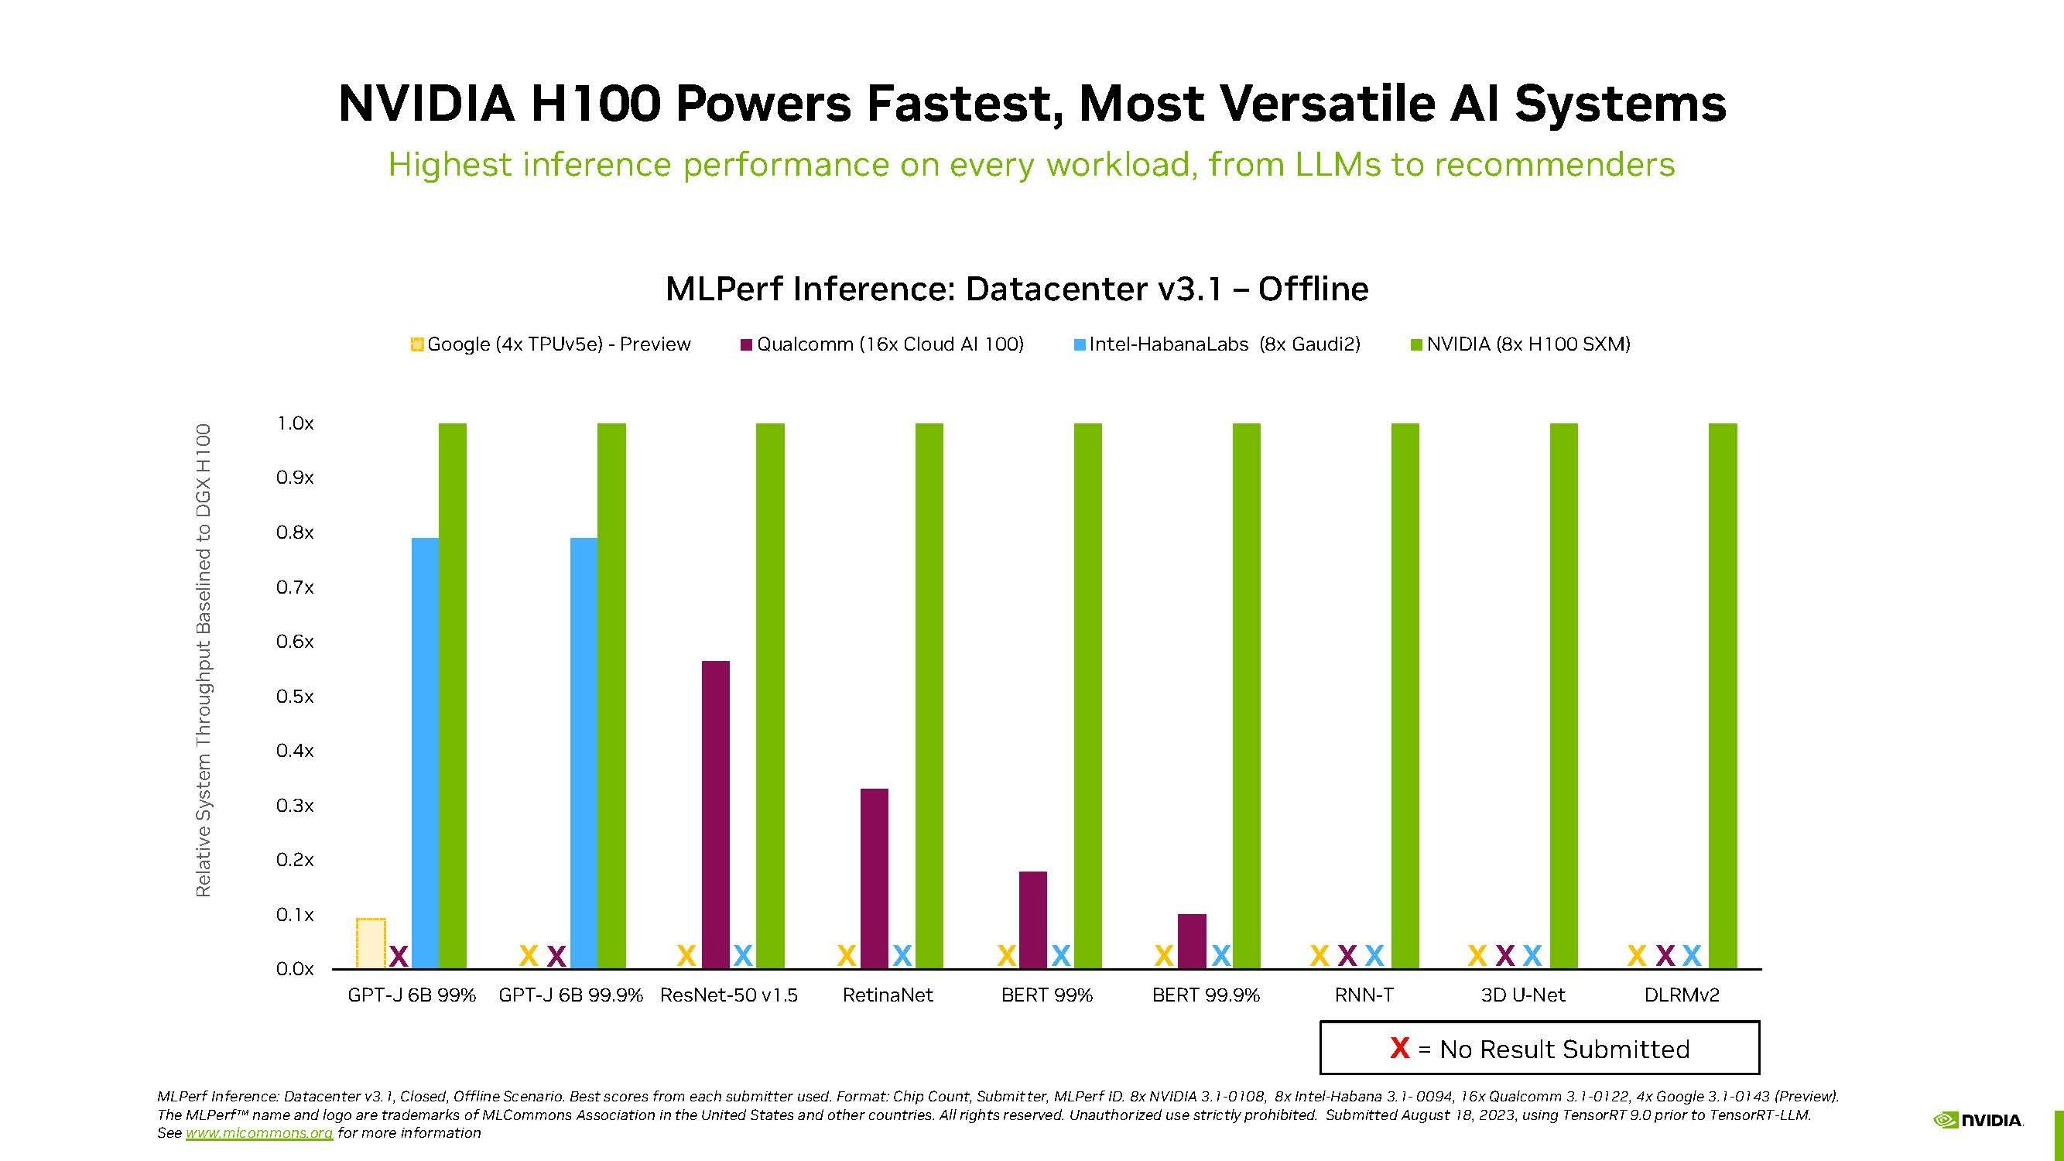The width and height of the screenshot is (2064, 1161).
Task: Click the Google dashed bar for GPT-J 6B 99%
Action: [371, 943]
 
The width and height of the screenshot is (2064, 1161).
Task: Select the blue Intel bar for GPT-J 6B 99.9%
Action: [584, 753]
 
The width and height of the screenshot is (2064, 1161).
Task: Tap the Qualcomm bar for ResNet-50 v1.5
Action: [716, 814]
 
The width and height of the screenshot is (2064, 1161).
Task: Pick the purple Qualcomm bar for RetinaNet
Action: [875, 878]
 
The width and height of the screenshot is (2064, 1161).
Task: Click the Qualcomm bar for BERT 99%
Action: [1033, 920]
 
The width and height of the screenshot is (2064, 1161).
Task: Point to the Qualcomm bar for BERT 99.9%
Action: [1192, 940]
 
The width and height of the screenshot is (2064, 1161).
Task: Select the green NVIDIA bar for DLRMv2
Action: [1723, 696]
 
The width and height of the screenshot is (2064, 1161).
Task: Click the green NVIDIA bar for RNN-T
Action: [1405, 696]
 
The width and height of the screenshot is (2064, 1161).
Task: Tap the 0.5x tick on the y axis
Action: [295, 697]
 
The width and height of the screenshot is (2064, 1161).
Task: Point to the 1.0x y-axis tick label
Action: [295, 423]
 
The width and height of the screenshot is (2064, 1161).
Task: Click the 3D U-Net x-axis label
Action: [1522, 995]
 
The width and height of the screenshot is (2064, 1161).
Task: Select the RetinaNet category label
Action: [888, 995]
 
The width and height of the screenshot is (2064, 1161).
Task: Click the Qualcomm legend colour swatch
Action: [747, 345]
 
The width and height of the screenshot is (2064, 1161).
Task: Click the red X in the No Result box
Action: [1399, 1048]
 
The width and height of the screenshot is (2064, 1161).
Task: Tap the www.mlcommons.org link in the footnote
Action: [258, 1133]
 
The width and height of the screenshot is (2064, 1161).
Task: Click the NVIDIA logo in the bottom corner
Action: [1978, 1120]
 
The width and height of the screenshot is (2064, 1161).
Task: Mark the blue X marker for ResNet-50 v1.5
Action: [743, 955]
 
